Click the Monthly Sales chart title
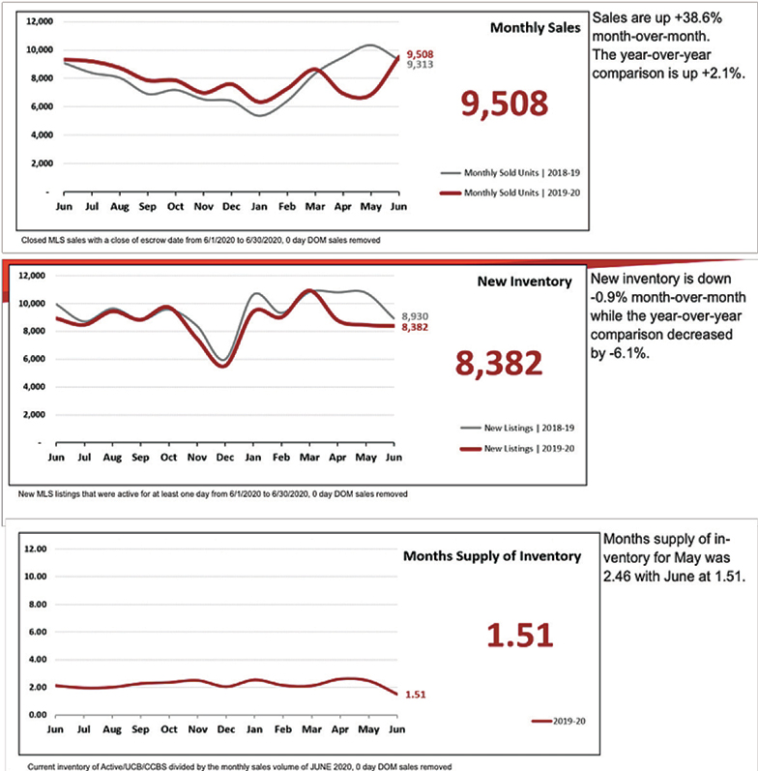[x=535, y=28]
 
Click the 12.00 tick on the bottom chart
[x=33, y=549]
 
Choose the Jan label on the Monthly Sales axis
[x=257, y=207]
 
